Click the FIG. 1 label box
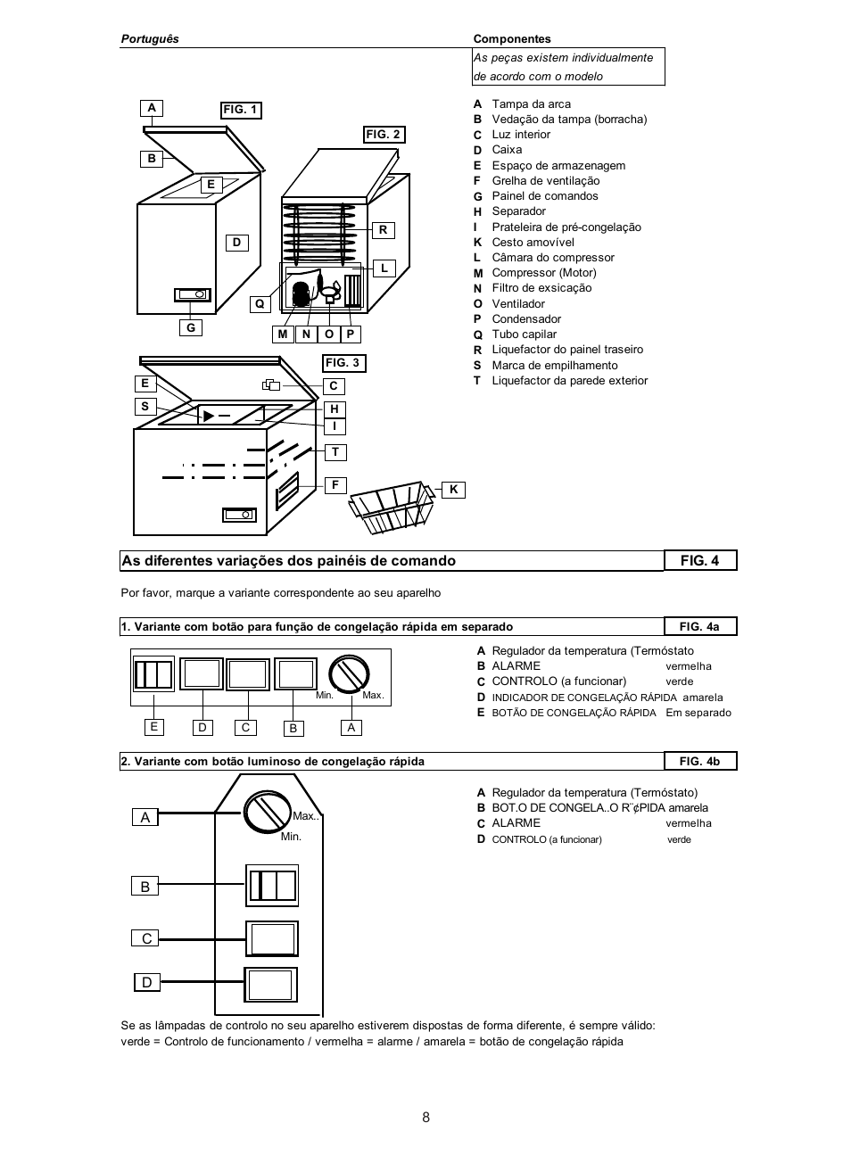[x=241, y=110]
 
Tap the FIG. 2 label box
[x=384, y=135]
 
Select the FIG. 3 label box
[x=343, y=363]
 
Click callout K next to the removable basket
[x=453, y=489]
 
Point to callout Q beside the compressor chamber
[x=260, y=304]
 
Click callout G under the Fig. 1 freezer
[x=190, y=327]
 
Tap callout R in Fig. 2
[x=383, y=230]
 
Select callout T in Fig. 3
[x=335, y=452]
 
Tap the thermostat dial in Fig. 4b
[x=267, y=812]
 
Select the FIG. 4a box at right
[x=699, y=626]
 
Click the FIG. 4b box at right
[x=699, y=761]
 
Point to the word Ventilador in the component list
[x=518, y=304]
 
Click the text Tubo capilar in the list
[x=525, y=334]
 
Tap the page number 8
[x=426, y=1118]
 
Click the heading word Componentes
[x=512, y=39]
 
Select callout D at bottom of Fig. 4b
[x=146, y=982]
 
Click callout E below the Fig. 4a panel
[x=154, y=727]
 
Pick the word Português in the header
[x=150, y=39]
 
